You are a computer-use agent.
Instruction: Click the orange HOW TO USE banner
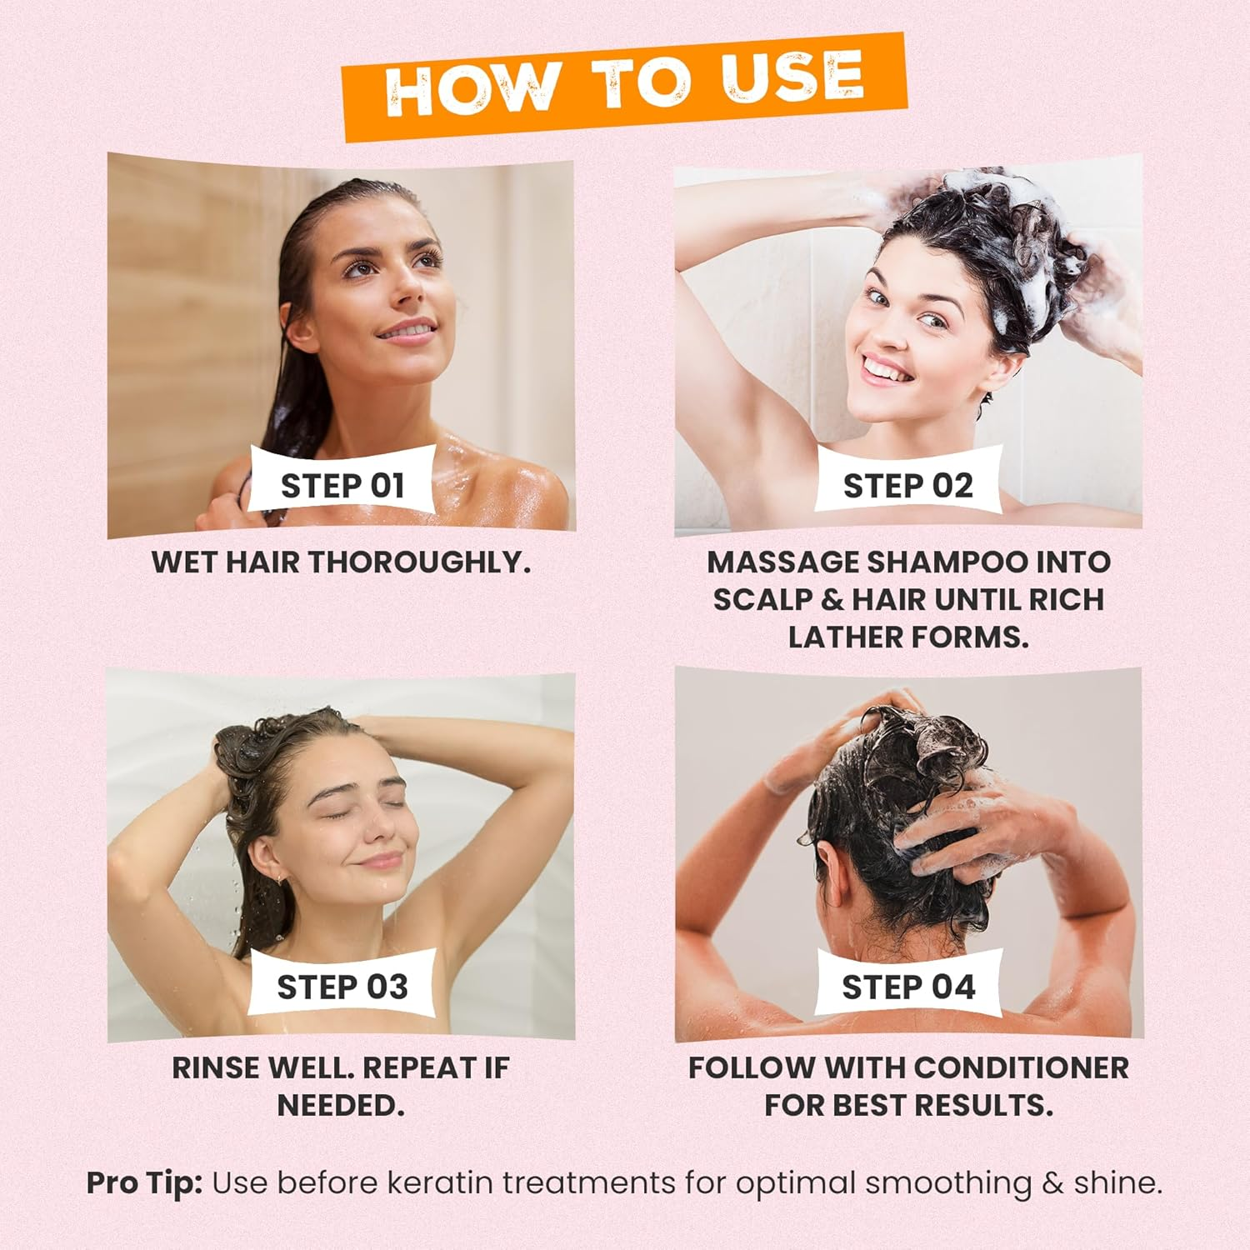(625, 86)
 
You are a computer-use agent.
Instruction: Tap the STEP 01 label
(342, 485)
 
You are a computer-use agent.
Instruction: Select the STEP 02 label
(908, 485)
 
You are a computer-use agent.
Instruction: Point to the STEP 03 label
(342, 987)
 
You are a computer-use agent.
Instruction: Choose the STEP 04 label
(908, 987)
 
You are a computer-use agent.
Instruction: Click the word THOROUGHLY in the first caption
(420, 562)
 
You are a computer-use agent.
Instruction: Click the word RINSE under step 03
(216, 1067)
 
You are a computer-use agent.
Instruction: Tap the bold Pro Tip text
(144, 1183)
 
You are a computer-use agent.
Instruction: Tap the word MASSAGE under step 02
(782, 562)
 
